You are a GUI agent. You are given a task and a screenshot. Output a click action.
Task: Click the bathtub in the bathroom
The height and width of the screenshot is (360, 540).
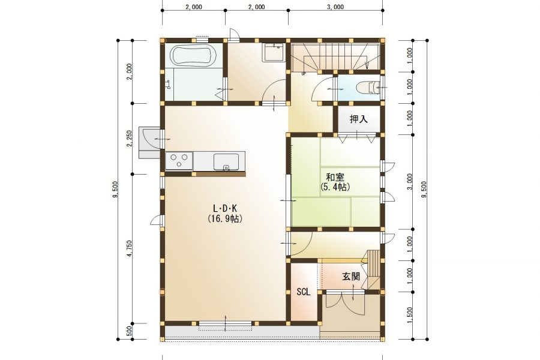(193, 55)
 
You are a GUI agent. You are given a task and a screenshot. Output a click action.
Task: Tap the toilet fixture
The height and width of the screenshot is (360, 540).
(368, 87)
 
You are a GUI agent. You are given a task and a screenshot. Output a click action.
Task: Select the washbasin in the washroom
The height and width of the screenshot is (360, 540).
(274, 52)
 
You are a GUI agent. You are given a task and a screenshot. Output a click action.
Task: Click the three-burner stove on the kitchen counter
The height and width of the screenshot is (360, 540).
(179, 161)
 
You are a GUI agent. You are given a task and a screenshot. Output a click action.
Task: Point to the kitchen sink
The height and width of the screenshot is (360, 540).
(226, 162)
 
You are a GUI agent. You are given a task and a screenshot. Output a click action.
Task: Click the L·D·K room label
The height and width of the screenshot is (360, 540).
(225, 208)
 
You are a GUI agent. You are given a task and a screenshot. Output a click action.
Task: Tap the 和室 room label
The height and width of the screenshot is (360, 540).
(335, 178)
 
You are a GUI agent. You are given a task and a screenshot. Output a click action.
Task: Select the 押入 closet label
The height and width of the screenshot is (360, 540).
(359, 119)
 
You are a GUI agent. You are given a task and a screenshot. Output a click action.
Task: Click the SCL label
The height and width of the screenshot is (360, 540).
(304, 292)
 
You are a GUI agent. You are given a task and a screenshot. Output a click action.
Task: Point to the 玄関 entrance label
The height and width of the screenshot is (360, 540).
(351, 276)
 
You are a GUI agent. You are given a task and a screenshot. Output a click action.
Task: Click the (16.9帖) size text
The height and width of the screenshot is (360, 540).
(225, 219)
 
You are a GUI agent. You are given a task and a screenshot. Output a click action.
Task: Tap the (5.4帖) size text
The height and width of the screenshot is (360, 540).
(335, 187)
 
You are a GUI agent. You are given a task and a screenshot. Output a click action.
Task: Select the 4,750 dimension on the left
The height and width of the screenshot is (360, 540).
(130, 248)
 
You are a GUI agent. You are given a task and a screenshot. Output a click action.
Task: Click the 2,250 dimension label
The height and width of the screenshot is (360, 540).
(130, 138)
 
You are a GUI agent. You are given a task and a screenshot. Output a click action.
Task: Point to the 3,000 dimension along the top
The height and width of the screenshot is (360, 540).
(335, 7)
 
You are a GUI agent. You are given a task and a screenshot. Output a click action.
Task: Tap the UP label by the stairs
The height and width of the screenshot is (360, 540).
(304, 73)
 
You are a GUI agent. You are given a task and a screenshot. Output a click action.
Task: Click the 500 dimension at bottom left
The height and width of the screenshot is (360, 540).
(130, 331)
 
